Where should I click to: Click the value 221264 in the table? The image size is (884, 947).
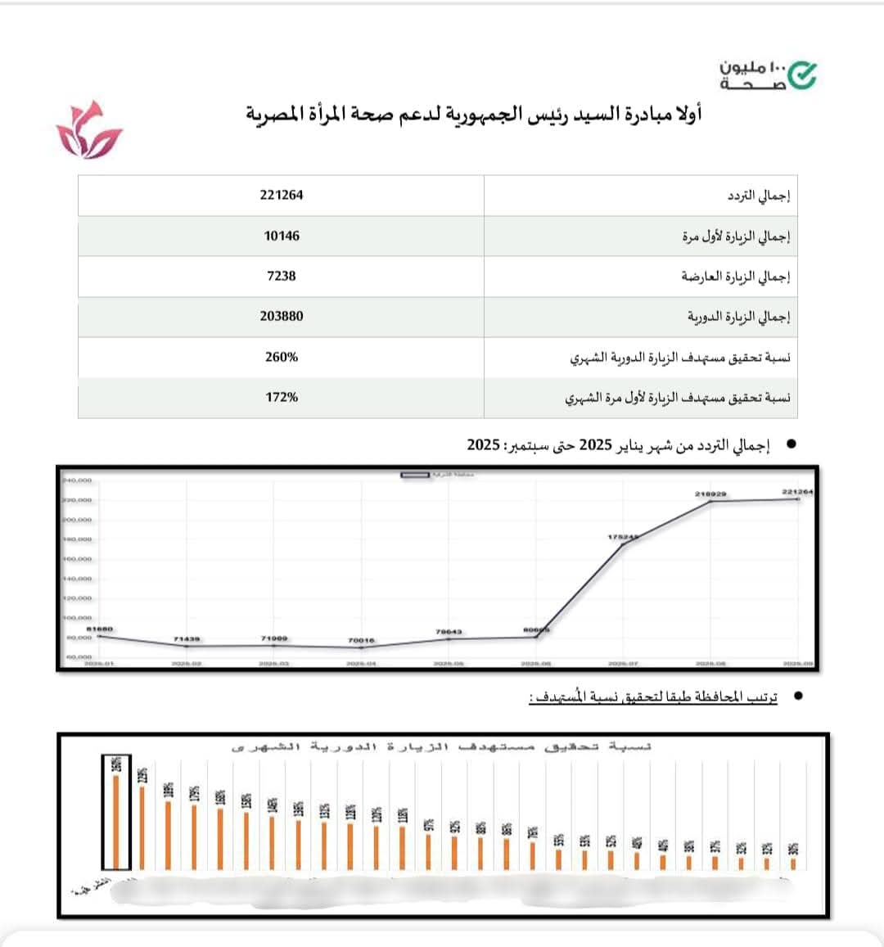[x=282, y=195]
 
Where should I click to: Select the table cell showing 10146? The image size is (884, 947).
[x=282, y=236]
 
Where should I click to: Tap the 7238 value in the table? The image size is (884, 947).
[x=282, y=276]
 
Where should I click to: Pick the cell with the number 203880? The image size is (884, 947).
[x=282, y=316]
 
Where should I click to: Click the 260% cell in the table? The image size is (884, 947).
[x=282, y=357]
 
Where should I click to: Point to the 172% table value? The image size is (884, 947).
[x=282, y=397]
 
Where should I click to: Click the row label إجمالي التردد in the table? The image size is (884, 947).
[x=759, y=196]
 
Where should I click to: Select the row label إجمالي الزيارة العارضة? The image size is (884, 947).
[x=736, y=277]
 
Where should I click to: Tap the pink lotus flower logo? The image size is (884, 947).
[x=88, y=131]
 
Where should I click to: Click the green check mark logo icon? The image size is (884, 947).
[x=802, y=75]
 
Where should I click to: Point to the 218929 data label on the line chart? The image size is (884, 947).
[x=710, y=494]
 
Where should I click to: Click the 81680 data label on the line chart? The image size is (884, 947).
[x=99, y=629]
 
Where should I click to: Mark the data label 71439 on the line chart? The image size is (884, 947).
[x=187, y=638]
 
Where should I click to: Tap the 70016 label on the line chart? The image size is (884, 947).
[x=361, y=640]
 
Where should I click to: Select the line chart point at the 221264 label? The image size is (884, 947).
[x=797, y=498]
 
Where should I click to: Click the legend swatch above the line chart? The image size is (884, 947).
[x=415, y=475]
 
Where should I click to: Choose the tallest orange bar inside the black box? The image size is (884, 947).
[x=116, y=821]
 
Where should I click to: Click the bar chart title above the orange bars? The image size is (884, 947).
[x=442, y=746]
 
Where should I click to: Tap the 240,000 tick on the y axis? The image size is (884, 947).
[x=77, y=480]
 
